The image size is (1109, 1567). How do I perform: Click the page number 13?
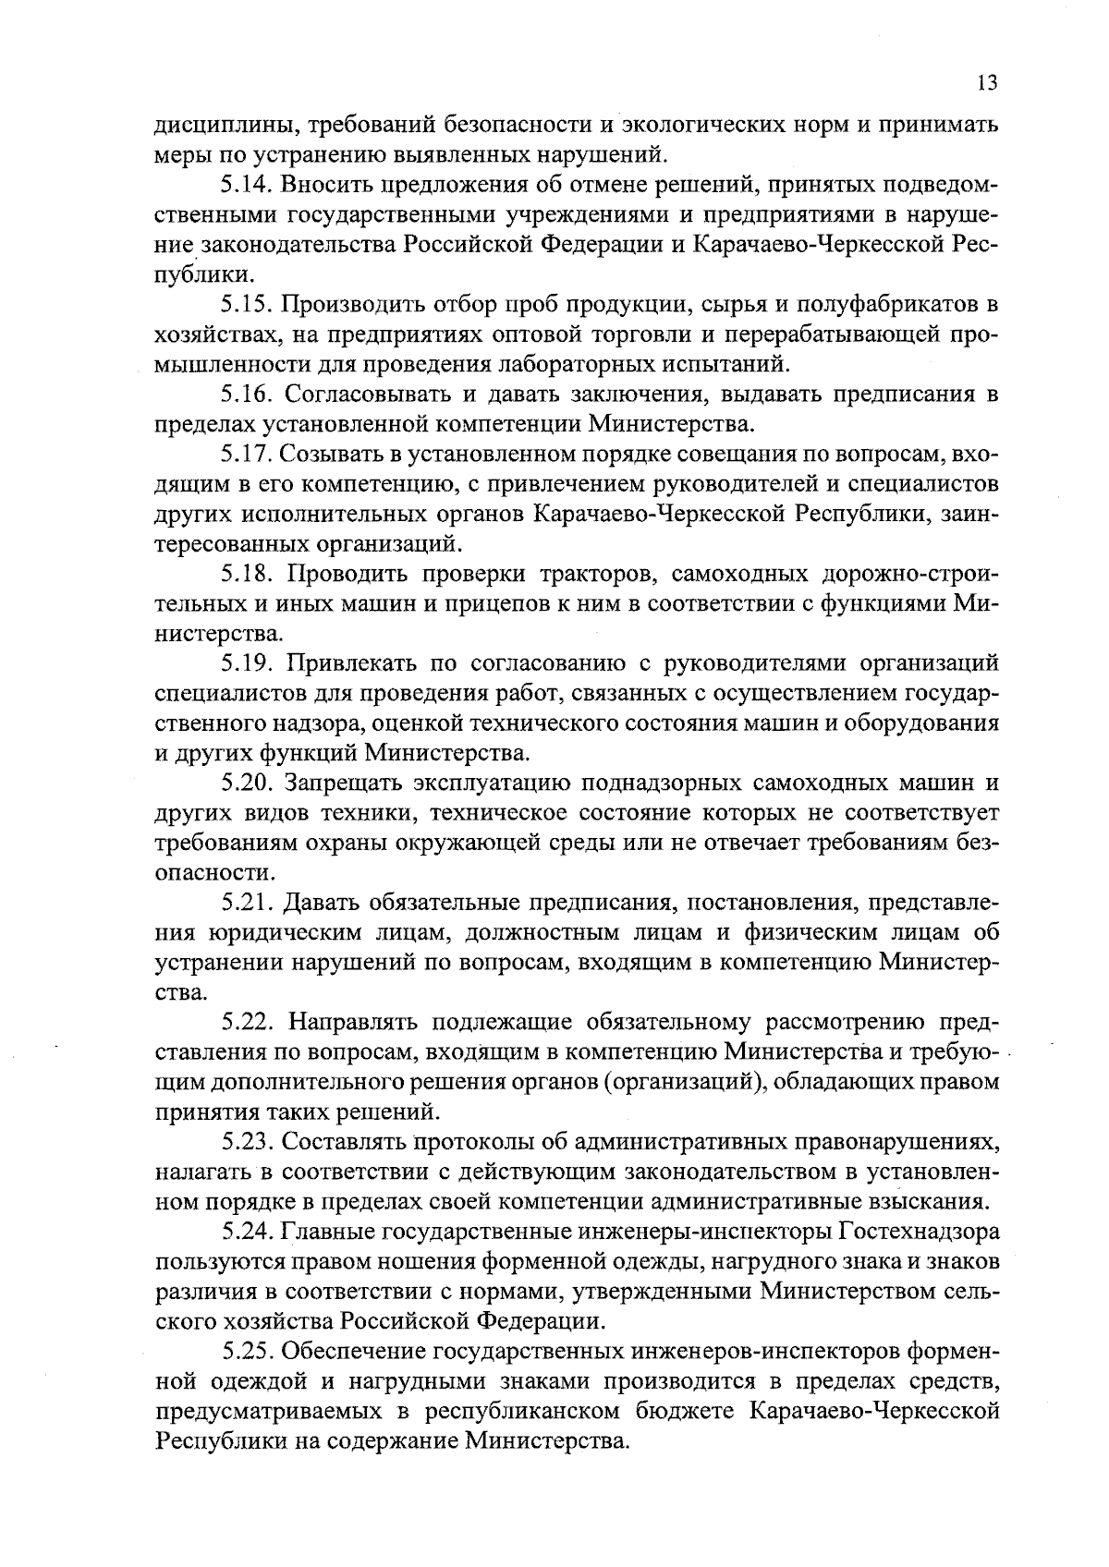pyautogui.click(x=986, y=83)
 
